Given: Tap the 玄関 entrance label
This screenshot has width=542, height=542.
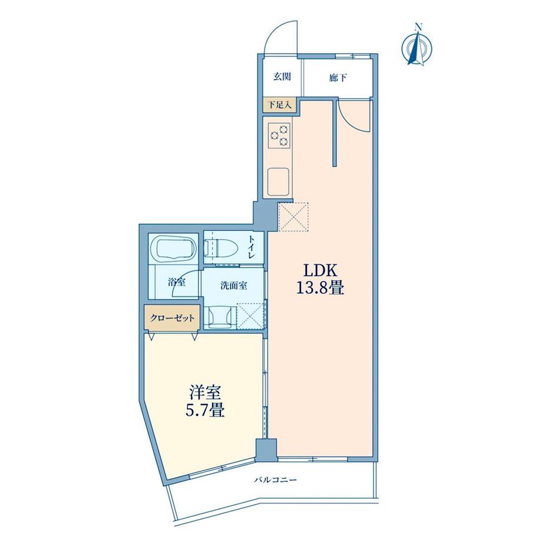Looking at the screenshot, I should [281, 77].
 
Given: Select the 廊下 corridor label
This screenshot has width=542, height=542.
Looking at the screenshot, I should [338, 77].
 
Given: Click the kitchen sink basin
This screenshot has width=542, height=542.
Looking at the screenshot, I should [278, 181].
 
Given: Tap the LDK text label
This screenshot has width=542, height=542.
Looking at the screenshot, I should [319, 271].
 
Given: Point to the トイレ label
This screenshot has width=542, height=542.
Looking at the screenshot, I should [252, 247].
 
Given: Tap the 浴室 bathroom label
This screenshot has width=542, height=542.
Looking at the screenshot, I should [177, 282].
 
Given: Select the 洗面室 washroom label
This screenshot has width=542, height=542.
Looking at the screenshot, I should [233, 285].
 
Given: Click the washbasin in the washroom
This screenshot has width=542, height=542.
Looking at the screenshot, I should [221, 315].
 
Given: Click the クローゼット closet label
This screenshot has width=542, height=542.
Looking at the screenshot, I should [172, 318].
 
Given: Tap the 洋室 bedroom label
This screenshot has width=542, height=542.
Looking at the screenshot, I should [206, 392].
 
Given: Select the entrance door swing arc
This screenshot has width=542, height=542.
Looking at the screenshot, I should [279, 37].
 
